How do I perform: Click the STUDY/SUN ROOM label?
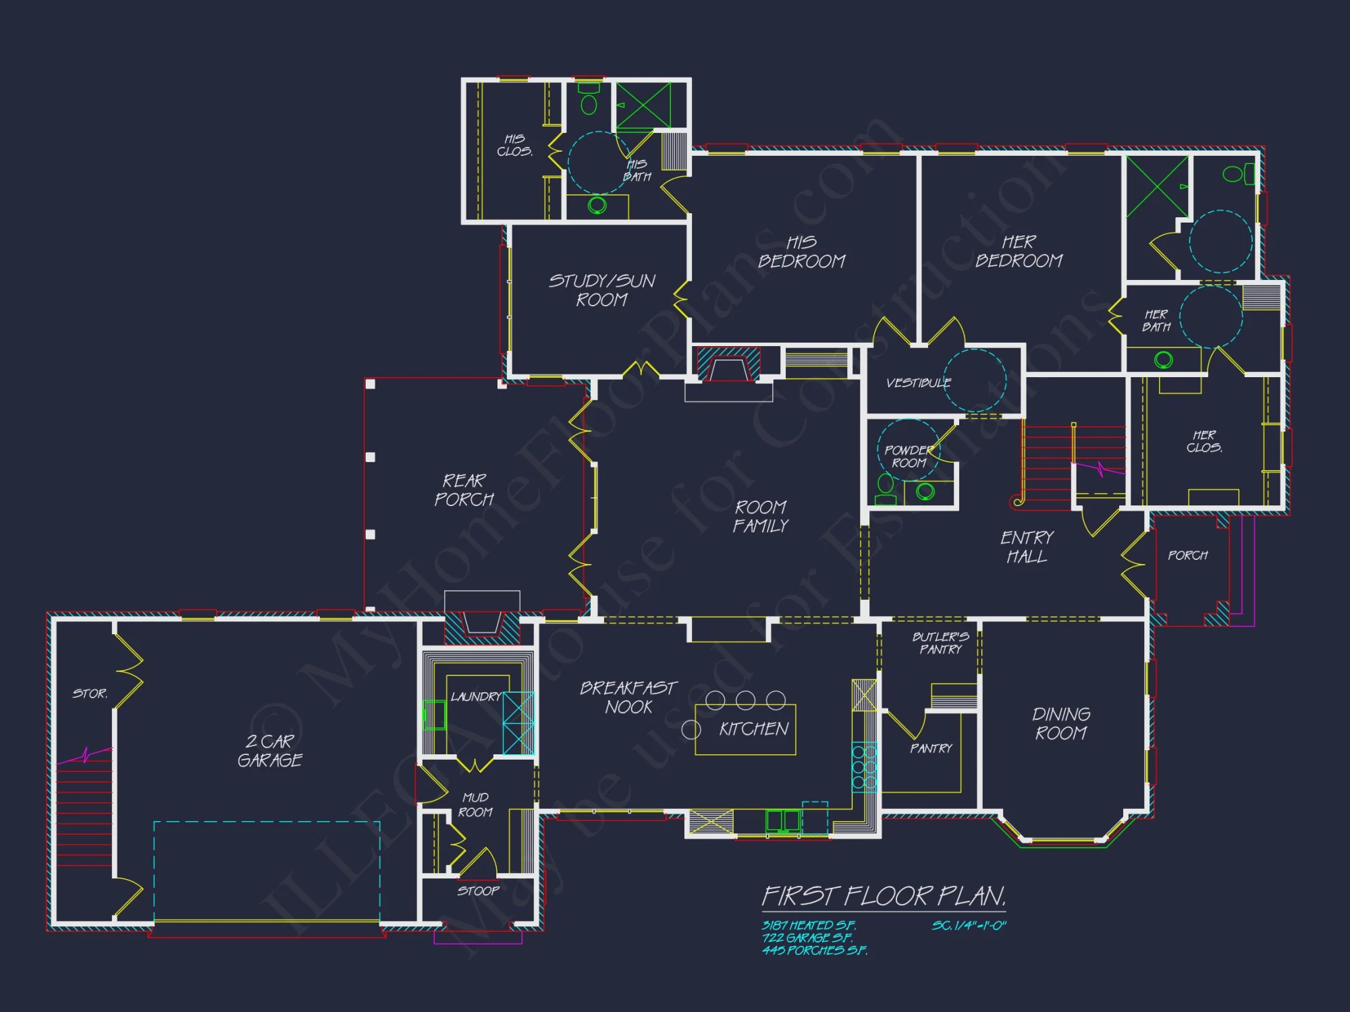point(601,290)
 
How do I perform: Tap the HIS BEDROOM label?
point(801,252)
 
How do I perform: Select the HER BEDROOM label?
point(1019,251)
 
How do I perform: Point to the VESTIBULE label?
point(918,383)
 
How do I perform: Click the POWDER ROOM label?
point(909,457)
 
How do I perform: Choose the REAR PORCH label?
point(464,490)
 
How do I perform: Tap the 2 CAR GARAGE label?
point(270,751)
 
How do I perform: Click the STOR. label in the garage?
point(90,694)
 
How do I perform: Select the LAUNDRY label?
point(476,697)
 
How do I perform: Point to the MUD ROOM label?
point(475,805)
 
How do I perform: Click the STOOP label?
point(478,891)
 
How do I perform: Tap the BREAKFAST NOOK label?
point(628,698)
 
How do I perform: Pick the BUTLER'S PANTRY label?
point(940,643)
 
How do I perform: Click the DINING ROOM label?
point(1061,724)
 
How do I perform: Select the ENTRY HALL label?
point(1027,547)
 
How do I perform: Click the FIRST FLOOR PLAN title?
point(884,897)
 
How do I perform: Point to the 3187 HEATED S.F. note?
point(809,926)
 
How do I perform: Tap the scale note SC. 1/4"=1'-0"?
point(969,926)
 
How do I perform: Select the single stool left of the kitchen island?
point(691,729)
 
